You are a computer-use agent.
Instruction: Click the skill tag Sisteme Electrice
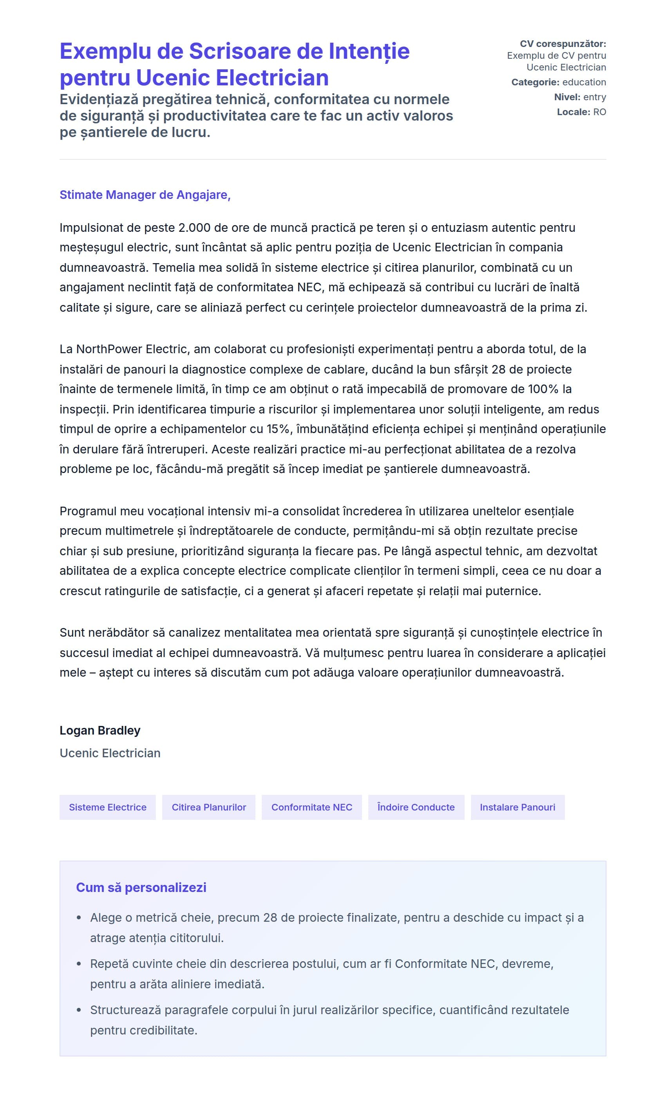point(107,807)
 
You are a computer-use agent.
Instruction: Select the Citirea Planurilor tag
point(209,807)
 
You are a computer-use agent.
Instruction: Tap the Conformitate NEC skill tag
point(311,807)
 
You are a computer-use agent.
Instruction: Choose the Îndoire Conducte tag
point(416,807)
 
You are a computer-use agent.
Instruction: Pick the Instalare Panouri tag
point(517,807)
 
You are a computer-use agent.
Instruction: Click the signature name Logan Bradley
point(100,730)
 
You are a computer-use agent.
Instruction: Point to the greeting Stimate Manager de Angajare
point(145,195)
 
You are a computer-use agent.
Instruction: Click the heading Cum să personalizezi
point(141,887)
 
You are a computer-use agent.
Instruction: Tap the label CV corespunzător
point(563,44)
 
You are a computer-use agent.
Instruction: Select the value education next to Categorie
point(584,82)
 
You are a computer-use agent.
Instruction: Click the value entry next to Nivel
point(594,97)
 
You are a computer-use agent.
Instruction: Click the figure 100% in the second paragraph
point(543,389)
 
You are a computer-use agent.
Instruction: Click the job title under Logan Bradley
point(110,753)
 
